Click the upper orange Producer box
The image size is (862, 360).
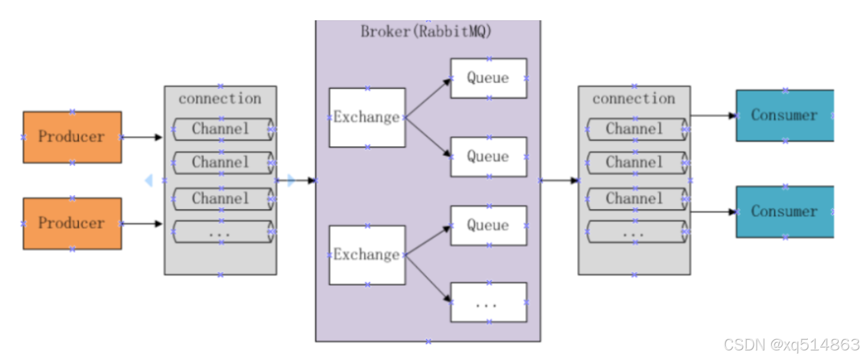coord(72,137)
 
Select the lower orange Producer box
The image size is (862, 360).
coord(72,224)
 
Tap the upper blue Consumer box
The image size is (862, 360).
coord(785,115)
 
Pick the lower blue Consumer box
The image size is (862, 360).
coord(785,212)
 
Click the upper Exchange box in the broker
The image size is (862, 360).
coord(367,118)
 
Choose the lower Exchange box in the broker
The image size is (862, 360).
coord(367,255)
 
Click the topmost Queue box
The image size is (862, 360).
coord(489,78)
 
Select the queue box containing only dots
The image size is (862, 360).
coord(489,302)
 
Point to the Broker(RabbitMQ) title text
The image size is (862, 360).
coord(426,32)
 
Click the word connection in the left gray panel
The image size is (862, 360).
coord(220,99)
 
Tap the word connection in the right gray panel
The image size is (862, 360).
coord(634,99)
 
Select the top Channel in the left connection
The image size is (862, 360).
coord(223,130)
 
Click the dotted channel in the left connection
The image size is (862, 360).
coord(223,232)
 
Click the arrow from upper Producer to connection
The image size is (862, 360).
coord(142,137)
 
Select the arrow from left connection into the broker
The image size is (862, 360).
coord(296,180)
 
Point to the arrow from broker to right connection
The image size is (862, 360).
coord(560,180)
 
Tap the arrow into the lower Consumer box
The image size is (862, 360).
coord(713,212)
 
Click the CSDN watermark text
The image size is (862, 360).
coord(792,344)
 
